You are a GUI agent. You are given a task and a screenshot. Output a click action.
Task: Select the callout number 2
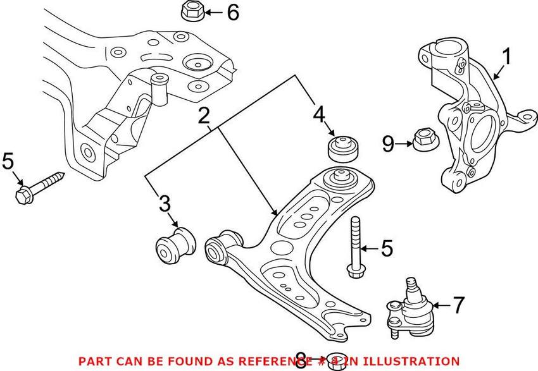(x=203, y=116)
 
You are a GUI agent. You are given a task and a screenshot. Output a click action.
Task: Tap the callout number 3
(x=165, y=204)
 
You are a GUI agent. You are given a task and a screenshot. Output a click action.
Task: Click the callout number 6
(x=233, y=12)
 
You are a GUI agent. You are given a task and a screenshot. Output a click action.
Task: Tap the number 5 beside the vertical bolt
(x=386, y=248)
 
